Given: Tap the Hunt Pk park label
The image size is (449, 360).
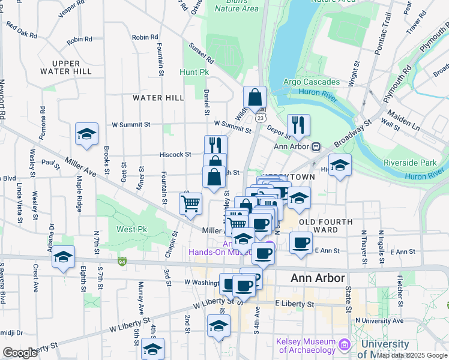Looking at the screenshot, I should tap(194, 72).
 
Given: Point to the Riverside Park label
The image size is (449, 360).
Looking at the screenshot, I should tap(411, 163).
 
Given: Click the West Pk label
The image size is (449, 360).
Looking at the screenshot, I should tap(131, 229).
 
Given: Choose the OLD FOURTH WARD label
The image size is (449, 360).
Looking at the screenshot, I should tap(326, 226).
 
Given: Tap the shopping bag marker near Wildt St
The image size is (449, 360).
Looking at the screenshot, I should tap(255, 97).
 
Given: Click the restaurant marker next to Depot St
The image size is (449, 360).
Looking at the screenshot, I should tap(298, 125).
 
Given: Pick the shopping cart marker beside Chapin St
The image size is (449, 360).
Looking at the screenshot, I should tap(190, 203).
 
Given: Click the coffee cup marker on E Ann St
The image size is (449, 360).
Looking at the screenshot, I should tap(301, 243).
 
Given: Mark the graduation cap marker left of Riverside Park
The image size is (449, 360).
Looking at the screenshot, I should tap(340, 165).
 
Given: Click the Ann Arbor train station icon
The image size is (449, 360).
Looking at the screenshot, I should tap(315, 146).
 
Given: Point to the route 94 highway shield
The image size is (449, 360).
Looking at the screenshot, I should tap(122, 262).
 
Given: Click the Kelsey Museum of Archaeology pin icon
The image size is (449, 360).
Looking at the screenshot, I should tap(344, 344).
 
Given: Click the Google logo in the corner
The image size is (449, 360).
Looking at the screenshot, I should tap(20, 353).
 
